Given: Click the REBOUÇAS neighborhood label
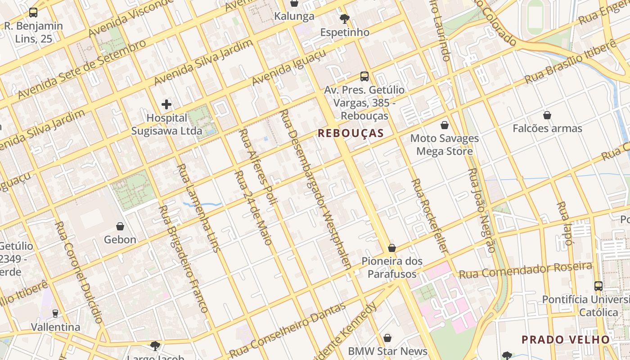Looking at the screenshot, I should [x=351, y=133].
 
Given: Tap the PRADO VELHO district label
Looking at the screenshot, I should [x=565, y=339].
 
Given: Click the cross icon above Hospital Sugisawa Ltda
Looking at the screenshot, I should [x=166, y=105].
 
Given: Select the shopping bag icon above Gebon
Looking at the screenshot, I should [x=120, y=226].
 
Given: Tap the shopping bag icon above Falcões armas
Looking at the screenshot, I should [x=547, y=116].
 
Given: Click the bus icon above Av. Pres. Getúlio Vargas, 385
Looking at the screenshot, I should [x=364, y=76].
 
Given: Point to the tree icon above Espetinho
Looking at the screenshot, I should [x=345, y=19].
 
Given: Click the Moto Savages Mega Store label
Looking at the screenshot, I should [x=444, y=144].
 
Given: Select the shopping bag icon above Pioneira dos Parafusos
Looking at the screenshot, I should [x=392, y=248].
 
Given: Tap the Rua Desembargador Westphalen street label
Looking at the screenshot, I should [x=315, y=189].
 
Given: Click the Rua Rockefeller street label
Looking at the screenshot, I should [x=430, y=215].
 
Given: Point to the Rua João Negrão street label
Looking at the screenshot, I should [x=481, y=211].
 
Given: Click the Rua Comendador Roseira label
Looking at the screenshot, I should [x=525, y=270].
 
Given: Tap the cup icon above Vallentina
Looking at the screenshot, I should [x=55, y=314].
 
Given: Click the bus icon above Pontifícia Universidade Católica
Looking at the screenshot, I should [x=598, y=286].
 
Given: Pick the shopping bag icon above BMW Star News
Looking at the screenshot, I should [x=387, y=338].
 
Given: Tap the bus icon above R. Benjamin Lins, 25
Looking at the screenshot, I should [x=33, y=13].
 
